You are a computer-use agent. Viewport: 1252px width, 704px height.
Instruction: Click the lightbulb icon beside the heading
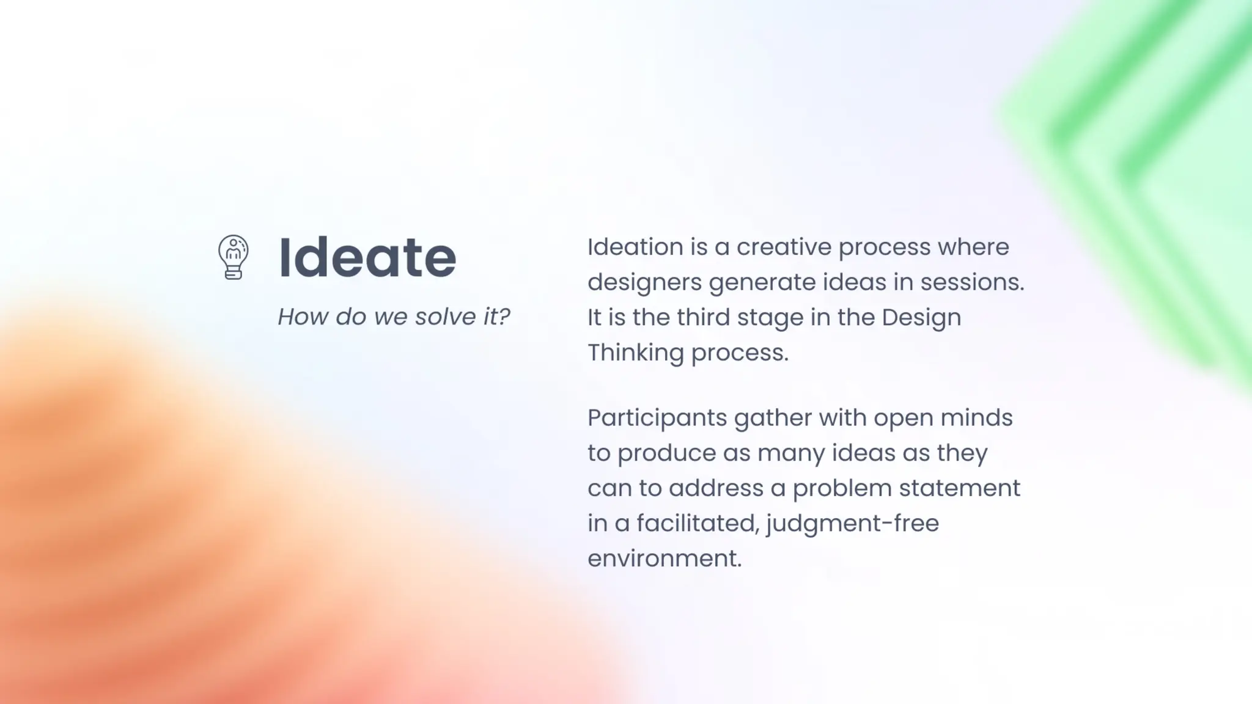(233, 257)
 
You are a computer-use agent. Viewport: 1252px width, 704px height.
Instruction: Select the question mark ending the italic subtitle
(504, 317)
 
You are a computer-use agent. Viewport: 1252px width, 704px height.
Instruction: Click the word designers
(644, 282)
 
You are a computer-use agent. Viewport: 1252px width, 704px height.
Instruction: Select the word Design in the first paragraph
(921, 317)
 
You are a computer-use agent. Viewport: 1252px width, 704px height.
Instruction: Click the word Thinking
(635, 353)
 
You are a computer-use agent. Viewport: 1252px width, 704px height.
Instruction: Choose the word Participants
(657, 418)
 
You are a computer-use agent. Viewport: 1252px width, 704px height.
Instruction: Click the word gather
(773, 418)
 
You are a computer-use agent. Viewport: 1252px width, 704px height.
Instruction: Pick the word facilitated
(696, 523)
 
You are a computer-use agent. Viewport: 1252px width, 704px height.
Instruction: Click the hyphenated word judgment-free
(852, 524)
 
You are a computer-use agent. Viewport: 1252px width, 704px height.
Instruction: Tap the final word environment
(665, 559)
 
